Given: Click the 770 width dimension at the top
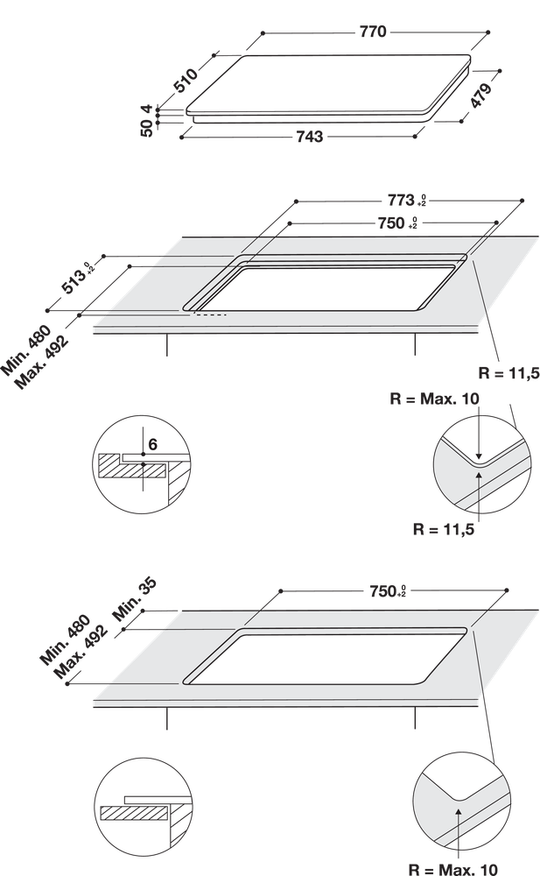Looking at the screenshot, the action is [373, 32].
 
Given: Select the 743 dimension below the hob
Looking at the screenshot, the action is [309, 137].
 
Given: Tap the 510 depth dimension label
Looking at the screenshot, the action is [186, 81].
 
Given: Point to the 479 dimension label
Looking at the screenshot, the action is [480, 95].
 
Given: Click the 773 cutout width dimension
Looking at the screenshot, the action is [407, 200].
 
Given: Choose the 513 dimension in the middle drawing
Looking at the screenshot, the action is [78, 279].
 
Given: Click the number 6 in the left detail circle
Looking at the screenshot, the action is [153, 444].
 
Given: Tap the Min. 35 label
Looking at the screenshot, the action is [135, 600].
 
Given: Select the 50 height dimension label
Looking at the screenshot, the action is [146, 128].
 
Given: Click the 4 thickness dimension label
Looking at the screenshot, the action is [147, 109].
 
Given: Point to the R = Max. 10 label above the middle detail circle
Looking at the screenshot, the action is [434, 399].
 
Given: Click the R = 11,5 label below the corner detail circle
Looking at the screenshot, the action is [444, 529].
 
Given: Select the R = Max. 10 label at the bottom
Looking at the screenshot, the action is [452, 869].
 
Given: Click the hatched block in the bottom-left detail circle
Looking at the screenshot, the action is [134, 812].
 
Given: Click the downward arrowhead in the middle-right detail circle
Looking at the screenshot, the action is [479, 455].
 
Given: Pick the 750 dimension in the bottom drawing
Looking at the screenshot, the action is [388, 591].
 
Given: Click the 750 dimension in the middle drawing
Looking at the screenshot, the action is [397, 223].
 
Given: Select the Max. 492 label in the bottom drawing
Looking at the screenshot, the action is [80, 652].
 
